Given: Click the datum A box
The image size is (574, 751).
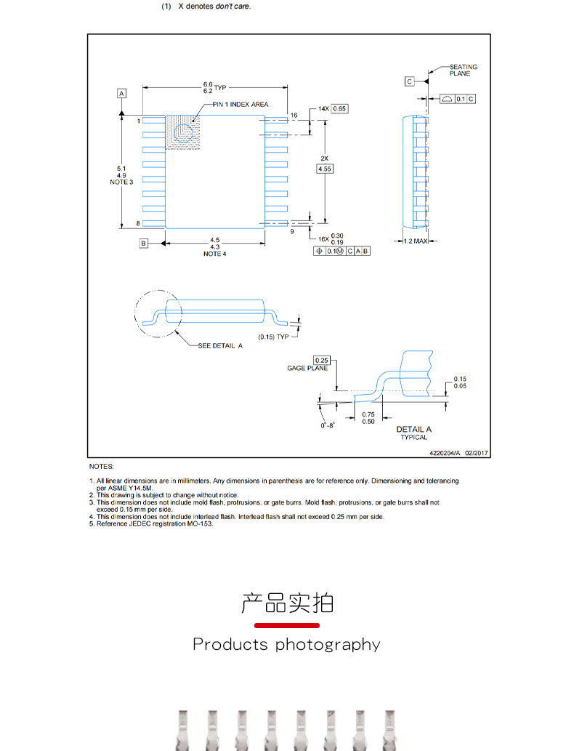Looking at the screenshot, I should tap(121, 93).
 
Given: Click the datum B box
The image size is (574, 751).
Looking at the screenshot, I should tap(144, 244).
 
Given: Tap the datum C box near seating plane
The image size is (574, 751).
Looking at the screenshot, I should tap(410, 81).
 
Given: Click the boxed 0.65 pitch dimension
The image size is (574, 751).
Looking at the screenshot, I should tap(339, 108).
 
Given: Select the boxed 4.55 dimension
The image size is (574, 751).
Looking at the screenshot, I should tap(325, 169).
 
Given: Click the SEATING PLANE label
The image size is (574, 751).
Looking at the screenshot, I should tap(463, 70).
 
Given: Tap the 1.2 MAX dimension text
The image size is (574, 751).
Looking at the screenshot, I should tap(416, 241).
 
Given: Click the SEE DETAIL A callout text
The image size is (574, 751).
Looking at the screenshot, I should tap(220, 346).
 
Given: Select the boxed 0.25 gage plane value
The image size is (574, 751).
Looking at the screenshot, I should tap(321, 361).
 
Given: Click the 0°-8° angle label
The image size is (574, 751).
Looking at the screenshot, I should tap(328, 425).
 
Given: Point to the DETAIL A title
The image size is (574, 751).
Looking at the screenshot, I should tap(413, 430).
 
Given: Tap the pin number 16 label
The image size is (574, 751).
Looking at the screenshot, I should tap(294, 116).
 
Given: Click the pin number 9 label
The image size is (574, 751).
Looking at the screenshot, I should tap(292, 231).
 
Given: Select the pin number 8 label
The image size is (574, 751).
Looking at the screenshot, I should tap(138, 223).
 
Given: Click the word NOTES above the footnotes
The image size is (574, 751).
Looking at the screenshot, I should tap(102, 466).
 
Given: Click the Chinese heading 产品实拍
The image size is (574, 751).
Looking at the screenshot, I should tap(287, 603).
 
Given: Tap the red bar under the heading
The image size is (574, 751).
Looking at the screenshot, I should tap(287, 625).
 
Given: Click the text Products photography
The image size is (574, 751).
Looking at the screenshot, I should tap(286, 645).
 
